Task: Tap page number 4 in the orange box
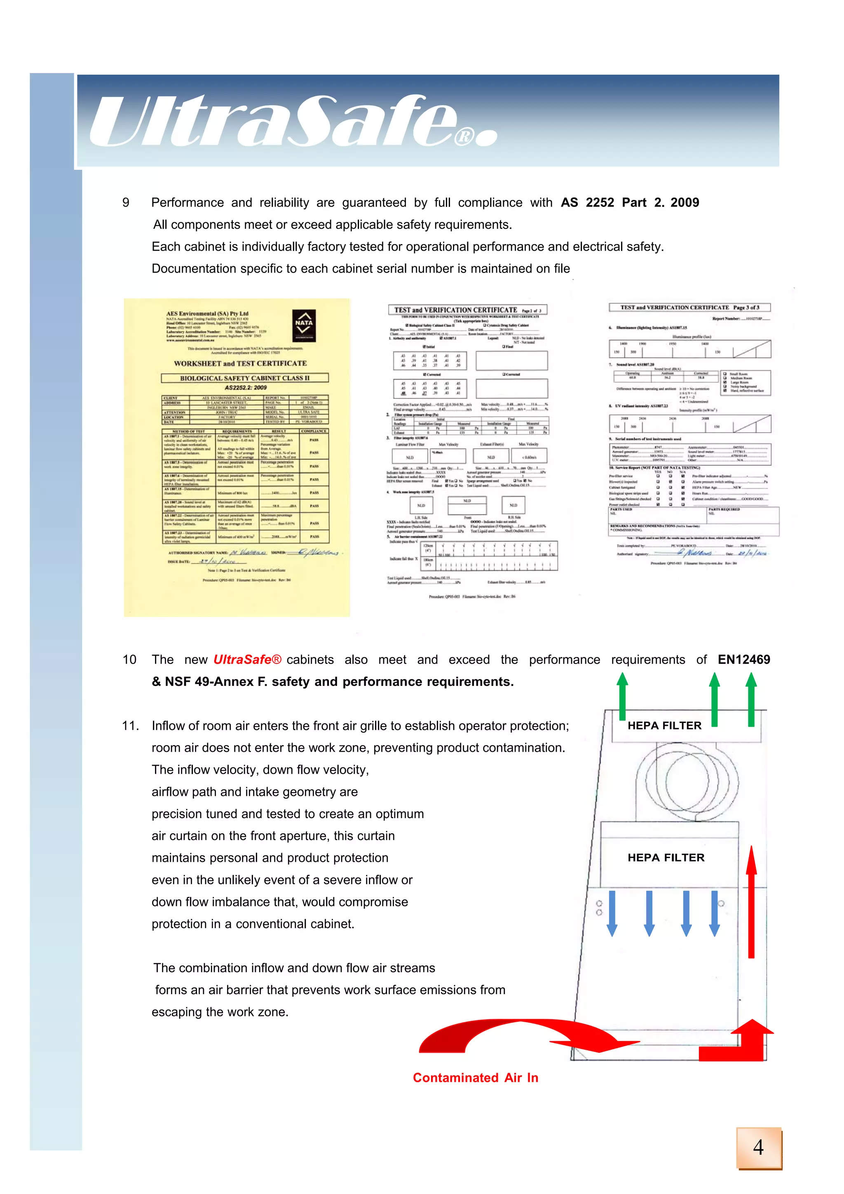[x=758, y=1148]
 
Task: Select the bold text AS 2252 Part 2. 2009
[x=630, y=203]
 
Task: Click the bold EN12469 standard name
[x=743, y=659]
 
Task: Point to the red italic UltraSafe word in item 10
[x=247, y=659]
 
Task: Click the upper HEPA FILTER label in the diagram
[x=664, y=725]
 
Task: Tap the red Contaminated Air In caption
[x=475, y=1077]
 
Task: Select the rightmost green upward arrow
[x=751, y=699]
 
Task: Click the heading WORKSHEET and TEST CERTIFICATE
[x=240, y=364]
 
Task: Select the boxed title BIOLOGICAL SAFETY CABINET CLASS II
[x=244, y=378]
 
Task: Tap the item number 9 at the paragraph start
[x=126, y=203]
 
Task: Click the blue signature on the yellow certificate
[x=318, y=552]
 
